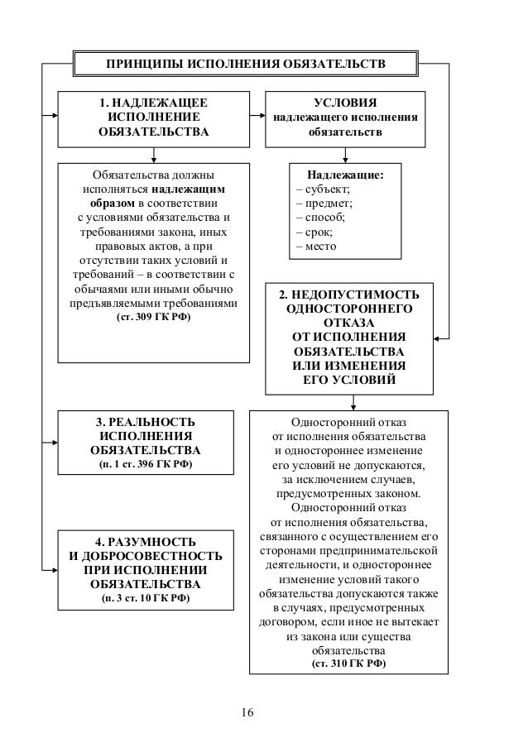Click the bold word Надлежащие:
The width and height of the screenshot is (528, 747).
(345, 175)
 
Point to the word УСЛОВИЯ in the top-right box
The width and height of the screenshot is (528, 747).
(346, 102)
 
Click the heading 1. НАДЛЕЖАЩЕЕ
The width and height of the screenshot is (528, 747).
(153, 102)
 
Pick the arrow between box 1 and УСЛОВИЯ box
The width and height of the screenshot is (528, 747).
(257, 116)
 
